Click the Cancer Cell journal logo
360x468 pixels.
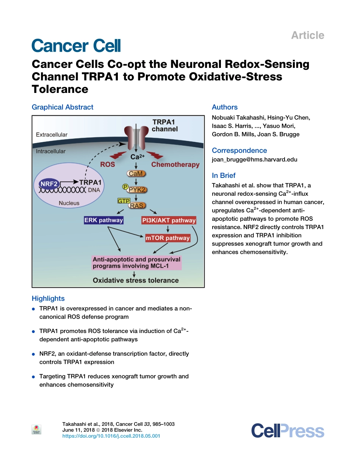(76, 46)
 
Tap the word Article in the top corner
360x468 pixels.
(307, 35)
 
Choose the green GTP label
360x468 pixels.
(124, 201)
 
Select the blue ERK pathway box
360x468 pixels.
(103, 220)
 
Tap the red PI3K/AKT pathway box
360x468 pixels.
(169, 220)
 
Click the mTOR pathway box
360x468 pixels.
(167, 238)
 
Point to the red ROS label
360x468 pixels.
(108, 165)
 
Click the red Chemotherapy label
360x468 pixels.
(175, 165)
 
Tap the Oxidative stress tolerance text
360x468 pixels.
(136, 281)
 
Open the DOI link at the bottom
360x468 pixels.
(111, 436)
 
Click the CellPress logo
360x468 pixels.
(288, 431)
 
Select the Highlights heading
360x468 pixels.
(48, 298)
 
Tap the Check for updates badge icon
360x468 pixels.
(36, 429)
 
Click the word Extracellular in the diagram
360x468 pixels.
(52, 135)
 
